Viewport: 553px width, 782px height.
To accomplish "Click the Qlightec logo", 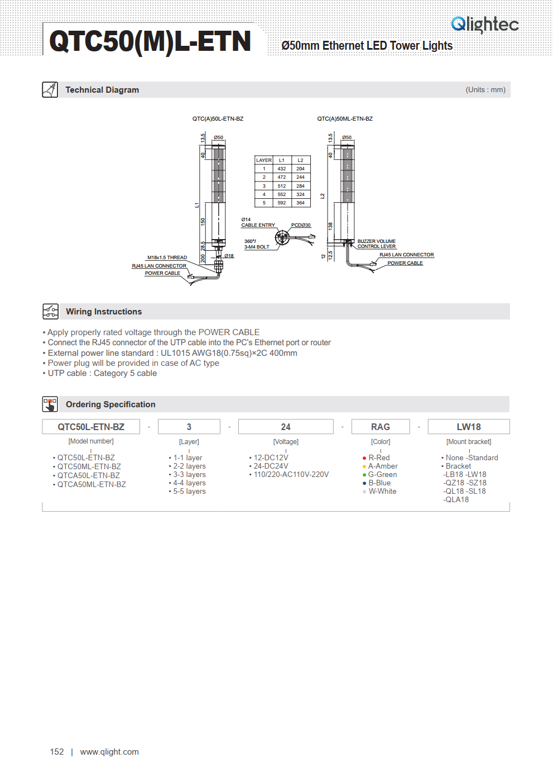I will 484,25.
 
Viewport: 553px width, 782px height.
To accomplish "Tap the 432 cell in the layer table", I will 281,169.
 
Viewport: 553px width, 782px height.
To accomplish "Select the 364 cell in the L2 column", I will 300,203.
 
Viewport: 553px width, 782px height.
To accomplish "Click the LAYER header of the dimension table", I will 264,160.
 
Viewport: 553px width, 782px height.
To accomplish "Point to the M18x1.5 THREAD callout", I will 167,258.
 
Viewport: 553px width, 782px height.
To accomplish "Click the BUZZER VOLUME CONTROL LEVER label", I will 377,244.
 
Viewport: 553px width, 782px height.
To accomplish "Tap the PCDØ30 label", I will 301,225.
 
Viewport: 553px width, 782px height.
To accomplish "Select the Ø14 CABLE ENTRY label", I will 258,222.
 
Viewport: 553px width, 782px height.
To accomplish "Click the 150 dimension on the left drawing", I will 203,222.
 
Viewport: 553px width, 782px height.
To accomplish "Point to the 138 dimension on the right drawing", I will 330,226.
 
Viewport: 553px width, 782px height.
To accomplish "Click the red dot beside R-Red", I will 364,458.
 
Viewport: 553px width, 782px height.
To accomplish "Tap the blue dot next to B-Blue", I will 364,483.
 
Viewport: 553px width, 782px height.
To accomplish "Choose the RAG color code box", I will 381,427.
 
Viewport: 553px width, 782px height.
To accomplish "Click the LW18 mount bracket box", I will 469,427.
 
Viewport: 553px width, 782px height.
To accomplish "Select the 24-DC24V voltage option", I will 271,466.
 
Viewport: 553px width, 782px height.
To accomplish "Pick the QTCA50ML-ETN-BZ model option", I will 92,485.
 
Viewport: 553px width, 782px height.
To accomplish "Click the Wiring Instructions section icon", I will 50,311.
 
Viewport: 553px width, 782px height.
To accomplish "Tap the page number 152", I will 57,752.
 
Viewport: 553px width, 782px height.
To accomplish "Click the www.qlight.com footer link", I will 109,752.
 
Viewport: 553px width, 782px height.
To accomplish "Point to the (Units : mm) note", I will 485,90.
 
